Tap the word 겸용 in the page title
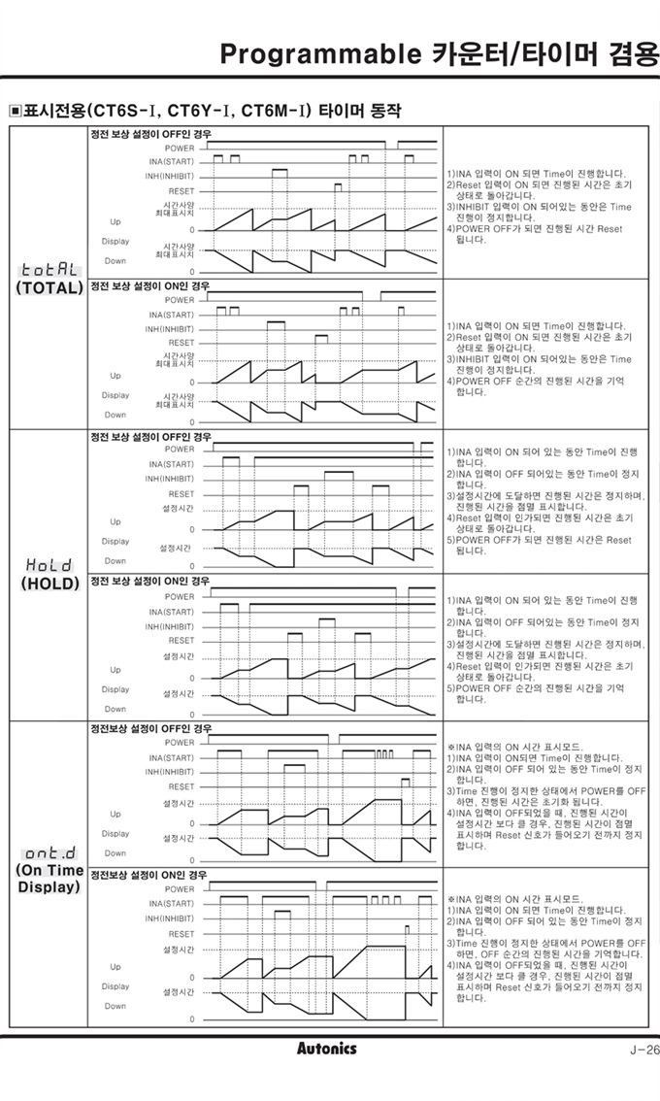[x=632, y=54]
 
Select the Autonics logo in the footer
[x=326, y=1049]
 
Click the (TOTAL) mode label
[x=49, y=288]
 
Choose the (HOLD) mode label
[x=49, y=584]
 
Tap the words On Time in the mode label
[x=49, y=871]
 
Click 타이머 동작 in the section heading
[x=359, y=111]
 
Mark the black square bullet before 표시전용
[x=15, y=111]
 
